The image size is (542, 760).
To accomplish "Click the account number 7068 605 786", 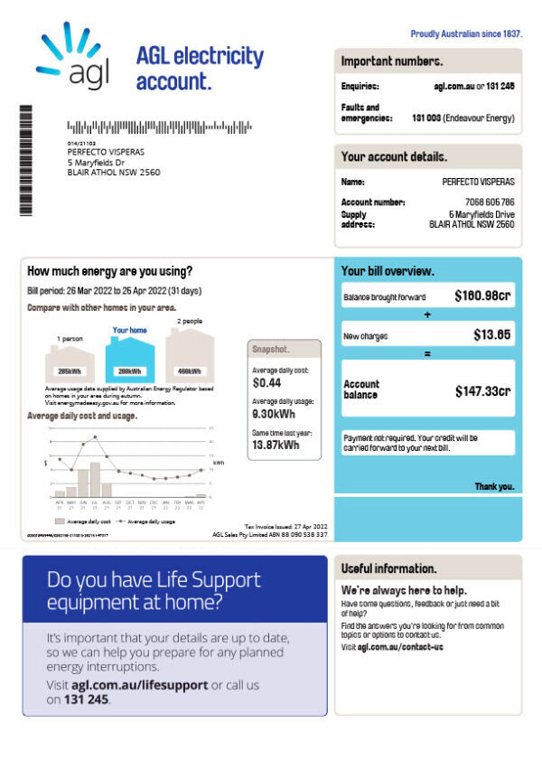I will (489, 202).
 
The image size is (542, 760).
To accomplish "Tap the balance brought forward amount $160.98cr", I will (482, 296).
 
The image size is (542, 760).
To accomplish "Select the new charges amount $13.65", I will (492, 335).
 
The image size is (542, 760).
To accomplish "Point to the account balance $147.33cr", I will (482, 390).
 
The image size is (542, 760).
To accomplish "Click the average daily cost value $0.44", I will (267, 383).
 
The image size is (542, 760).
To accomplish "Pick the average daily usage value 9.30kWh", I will (274, 414).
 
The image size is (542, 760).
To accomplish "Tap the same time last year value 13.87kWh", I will (276, 445).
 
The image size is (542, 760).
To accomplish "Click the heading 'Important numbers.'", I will (392, 61).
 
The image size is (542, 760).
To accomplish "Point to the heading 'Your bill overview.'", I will (388, 271).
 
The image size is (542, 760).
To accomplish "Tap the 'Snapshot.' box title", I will (271, 349).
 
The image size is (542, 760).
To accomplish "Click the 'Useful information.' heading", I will (388, 568).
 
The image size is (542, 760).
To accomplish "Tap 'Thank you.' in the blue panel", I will (494, 486).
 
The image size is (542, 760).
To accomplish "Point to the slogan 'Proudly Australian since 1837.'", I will (466, 33).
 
